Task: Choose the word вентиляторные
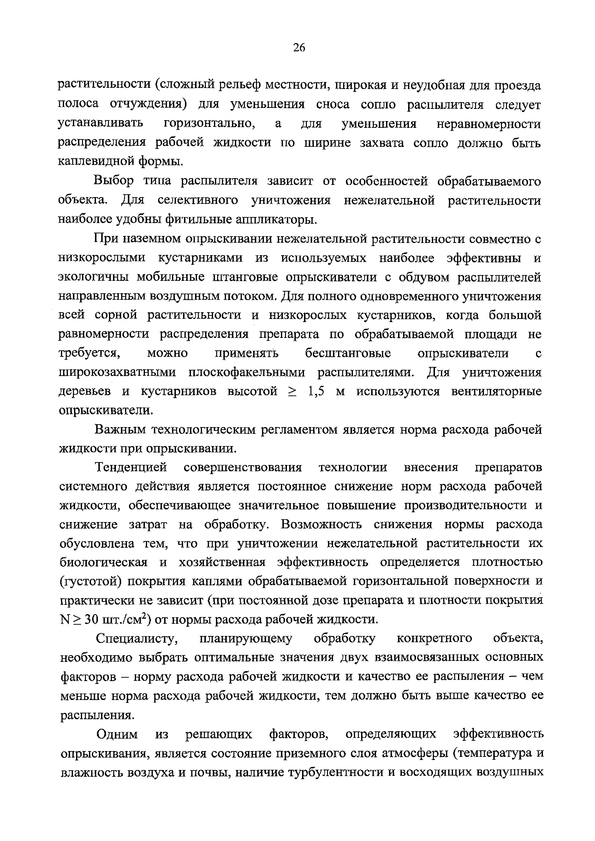[x=496, y=392]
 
